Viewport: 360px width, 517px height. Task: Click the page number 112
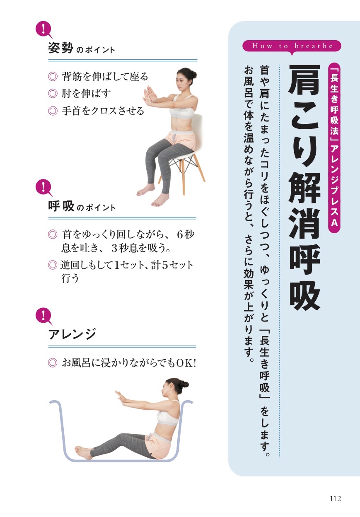click(x=335, y=498)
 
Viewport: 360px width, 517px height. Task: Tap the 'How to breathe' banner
click(x=292, y=46)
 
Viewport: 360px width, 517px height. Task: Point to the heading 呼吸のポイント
click(x=82, y=207)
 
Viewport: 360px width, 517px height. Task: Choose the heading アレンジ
click(x=72, y=333)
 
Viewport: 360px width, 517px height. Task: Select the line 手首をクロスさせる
click(x=103, y=111)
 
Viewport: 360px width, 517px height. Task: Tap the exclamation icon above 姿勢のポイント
click(x=44, y=29)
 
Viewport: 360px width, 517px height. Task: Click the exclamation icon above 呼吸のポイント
click(x=44, y=187)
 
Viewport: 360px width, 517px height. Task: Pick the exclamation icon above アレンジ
click(x=44, y=315)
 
